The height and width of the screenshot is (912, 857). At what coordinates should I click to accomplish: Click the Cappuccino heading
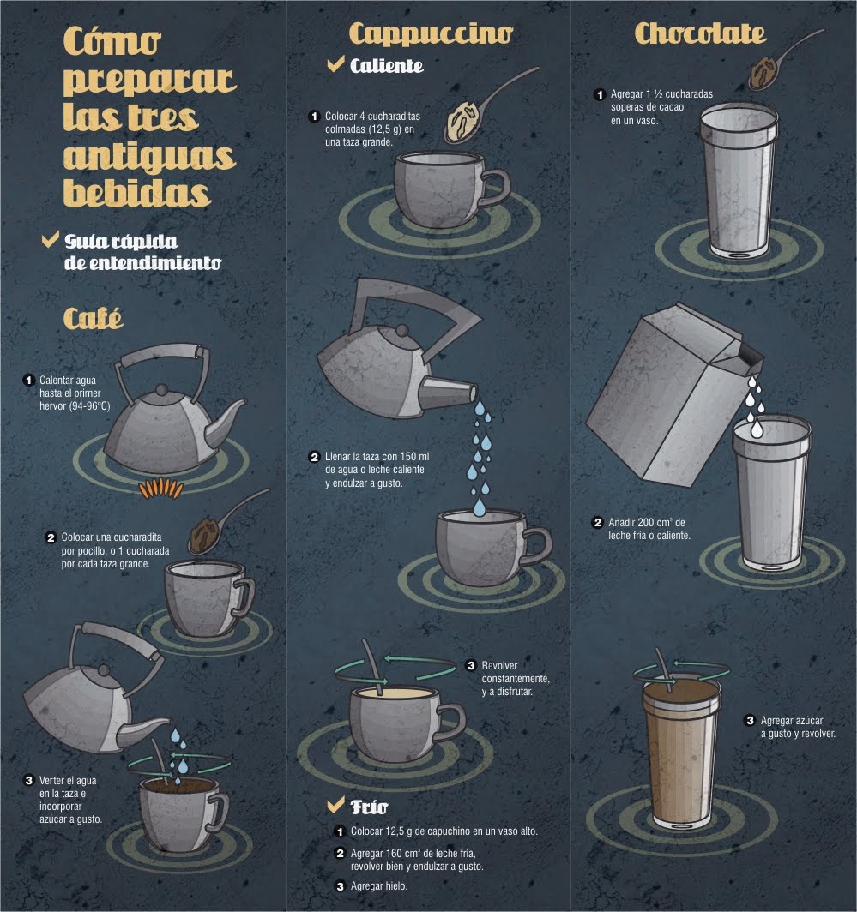(431, 33)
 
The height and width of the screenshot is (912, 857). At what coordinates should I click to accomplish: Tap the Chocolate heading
(700, 33)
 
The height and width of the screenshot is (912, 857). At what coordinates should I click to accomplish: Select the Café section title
(94, 318)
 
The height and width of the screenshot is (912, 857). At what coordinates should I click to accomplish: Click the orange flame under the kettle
(160, 489)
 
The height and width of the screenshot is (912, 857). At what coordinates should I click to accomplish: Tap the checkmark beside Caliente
(336, 63)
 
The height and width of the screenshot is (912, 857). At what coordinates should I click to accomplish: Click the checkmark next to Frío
(336, 804)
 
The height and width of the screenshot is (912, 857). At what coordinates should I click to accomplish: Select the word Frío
(369, 807)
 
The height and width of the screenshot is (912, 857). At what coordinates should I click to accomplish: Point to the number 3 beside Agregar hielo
(341, 886)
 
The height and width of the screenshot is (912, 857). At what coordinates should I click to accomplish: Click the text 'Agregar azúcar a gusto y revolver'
(798, 727)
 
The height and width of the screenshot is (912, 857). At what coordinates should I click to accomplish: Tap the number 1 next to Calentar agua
(28, 380)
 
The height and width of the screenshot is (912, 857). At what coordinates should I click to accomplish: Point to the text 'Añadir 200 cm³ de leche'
(649, 529)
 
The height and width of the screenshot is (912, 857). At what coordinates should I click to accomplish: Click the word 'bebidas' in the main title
(136, 193)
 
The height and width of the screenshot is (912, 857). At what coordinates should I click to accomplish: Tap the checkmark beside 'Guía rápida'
(51, 239)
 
